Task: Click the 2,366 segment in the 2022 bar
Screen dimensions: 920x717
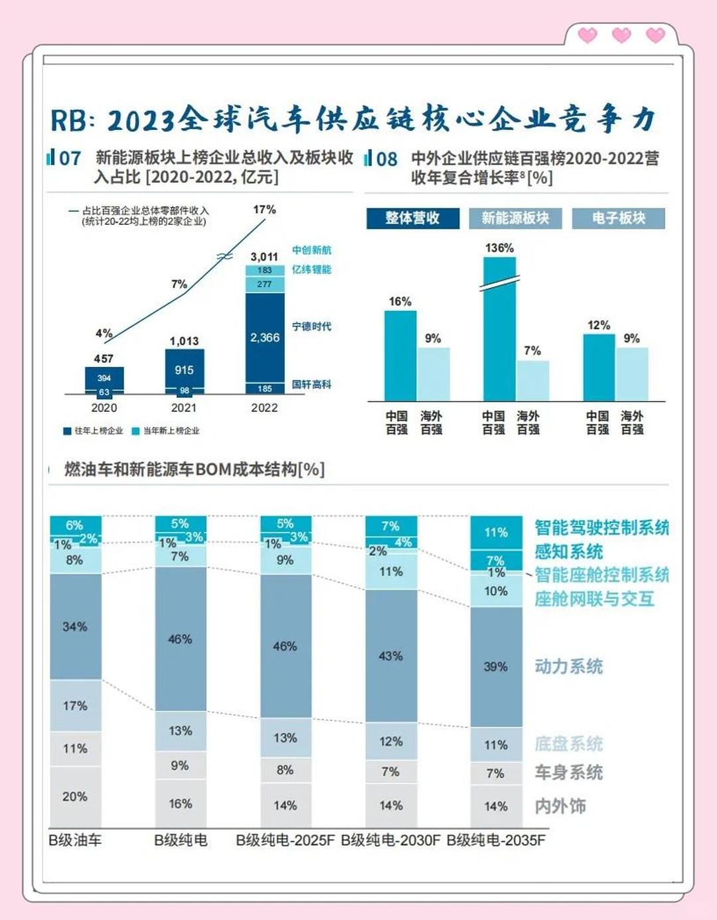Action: pos(264,337)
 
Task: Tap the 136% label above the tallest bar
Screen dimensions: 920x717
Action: pos(499,248)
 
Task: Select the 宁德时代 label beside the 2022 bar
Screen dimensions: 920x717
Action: pos(311,326)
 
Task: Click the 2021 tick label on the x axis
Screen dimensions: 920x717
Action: pos(184,408)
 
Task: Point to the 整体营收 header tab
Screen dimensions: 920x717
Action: pos(412,218)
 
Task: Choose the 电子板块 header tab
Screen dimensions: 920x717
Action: pos(618,218)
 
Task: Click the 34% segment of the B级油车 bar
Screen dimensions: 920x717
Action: pos(75,626)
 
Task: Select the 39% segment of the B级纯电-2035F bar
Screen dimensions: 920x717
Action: pos(495,667)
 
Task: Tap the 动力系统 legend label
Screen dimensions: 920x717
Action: pos(569,667)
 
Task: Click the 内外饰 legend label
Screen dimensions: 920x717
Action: pos(560,806)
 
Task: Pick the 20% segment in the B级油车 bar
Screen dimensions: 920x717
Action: pos(75,797)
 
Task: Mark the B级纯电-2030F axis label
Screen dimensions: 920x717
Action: pos(390,840)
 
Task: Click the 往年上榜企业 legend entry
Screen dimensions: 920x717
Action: pos(94,431)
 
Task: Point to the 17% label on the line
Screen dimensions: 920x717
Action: pos(264,210)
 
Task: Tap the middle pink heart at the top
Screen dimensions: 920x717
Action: pos(621,35)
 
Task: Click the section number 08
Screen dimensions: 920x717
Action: pos(386,159)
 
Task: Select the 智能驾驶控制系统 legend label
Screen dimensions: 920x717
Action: pos(601,528)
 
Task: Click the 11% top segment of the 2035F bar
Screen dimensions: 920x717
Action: pos(495,532)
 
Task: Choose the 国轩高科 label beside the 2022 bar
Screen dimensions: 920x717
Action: pos(311,385)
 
